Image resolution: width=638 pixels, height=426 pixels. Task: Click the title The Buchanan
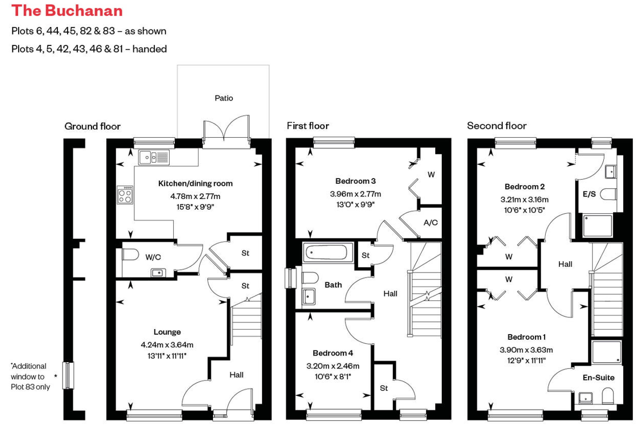67,11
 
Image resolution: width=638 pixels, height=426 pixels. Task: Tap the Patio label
224,98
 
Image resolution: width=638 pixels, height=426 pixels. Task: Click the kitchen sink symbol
154,157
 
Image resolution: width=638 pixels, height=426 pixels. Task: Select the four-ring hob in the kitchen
125,195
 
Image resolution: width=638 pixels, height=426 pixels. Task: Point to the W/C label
153,257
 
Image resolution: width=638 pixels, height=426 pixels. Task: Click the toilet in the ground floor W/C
130,255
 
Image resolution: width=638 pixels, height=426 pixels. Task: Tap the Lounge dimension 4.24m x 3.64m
167,345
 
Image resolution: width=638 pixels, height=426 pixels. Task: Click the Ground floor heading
92,126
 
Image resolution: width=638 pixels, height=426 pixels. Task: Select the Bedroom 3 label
355,181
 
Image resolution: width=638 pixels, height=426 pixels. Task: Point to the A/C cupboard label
430,223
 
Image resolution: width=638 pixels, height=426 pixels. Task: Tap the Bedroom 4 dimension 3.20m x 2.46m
333,366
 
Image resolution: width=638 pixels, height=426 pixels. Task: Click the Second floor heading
497,126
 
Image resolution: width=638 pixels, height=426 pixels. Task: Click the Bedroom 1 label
526,337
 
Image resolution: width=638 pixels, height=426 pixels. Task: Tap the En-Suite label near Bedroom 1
599,377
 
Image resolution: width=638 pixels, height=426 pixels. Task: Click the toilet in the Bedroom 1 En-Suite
608,396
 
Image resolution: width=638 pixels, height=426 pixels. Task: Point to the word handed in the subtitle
149,49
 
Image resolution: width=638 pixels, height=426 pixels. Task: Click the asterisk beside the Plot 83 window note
56,376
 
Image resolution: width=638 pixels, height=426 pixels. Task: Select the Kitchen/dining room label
195,183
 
